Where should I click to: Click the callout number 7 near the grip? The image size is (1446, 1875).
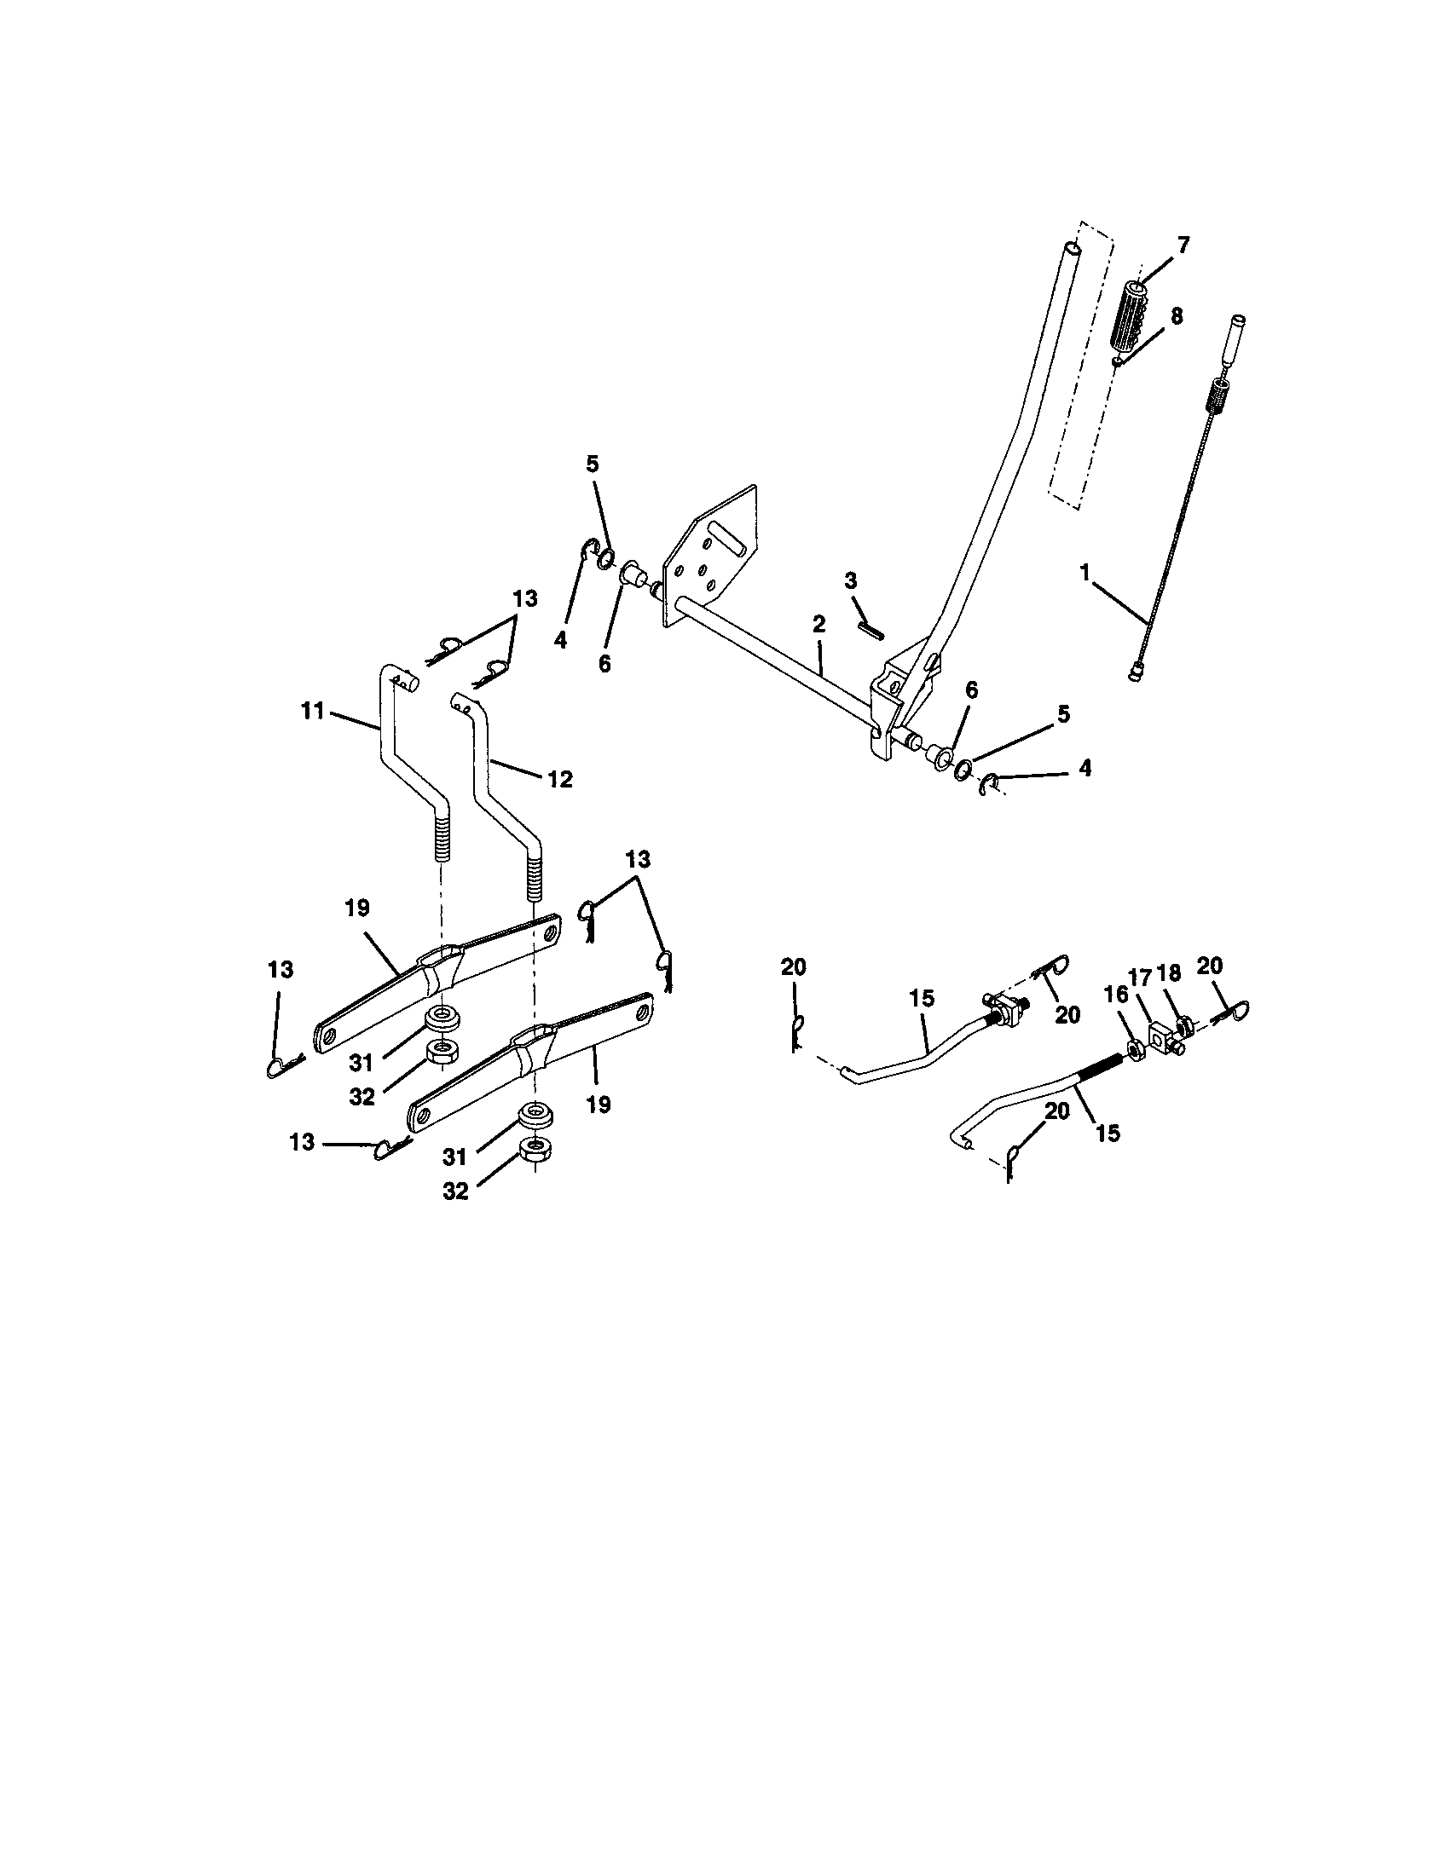pyautogui.click(x=1183, y=245)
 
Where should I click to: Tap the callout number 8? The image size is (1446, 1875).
pyautogui.click(x=1176, y=316)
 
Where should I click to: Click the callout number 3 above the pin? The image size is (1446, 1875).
pyautogui.click(x=850, y=581)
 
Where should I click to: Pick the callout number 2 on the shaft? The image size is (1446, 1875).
pyautogui.click(x=818, y=625)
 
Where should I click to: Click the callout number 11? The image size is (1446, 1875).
pyautogui.click(x=313, y=711)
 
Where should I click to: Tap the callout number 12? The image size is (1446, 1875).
pyautogui.click(x=559, y=780)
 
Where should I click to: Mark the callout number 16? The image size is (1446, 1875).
pyautogui.click(x=1112, y=993)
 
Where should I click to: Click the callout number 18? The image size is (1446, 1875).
pyautogui.click(x=1170, y=972)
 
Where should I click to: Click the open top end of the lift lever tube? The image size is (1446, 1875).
pyautogui.click(x=1072, y=248)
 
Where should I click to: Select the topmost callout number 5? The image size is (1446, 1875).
pyautogui.click(x=593, y=464)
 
